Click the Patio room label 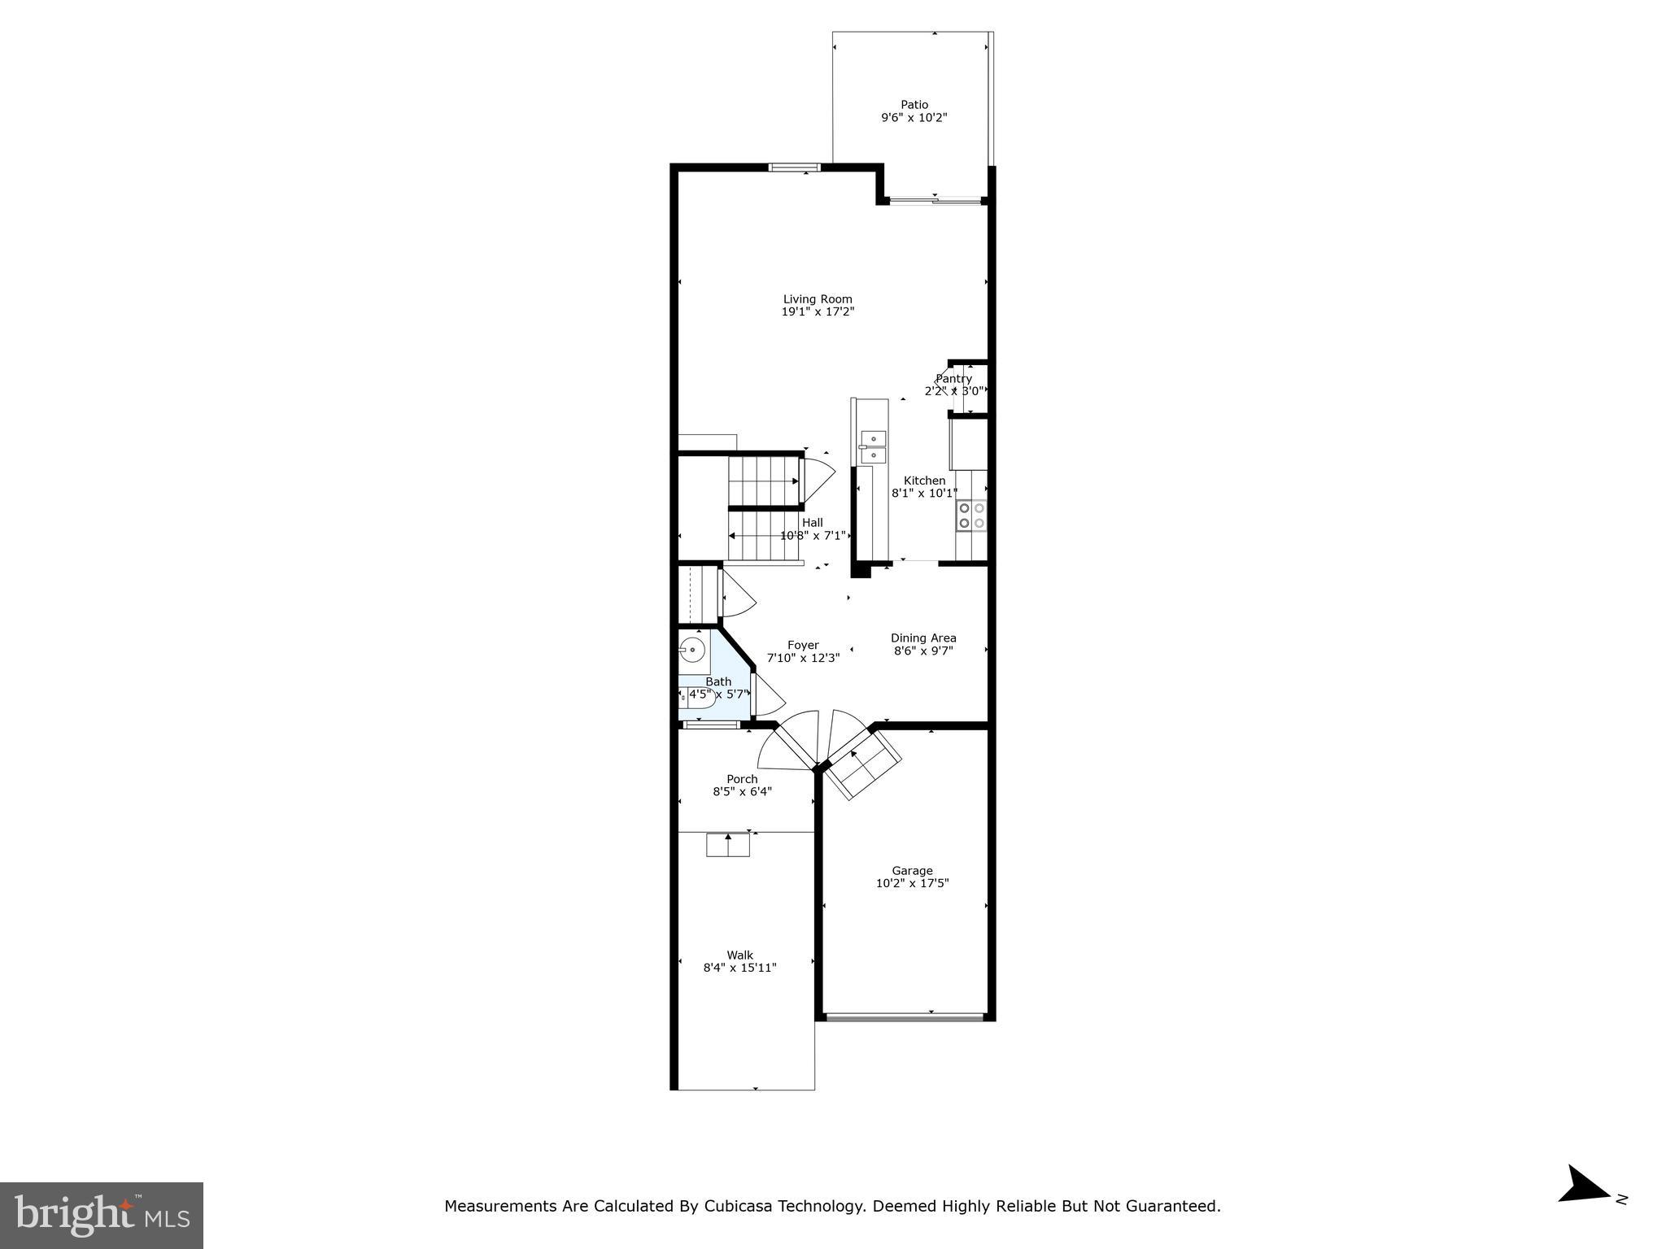914,105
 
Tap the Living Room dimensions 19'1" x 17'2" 818,311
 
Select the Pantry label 953,379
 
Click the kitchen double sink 873,446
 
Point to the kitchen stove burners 971,516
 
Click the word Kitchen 924,481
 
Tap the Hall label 812,523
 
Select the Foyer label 803,645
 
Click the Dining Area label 923,638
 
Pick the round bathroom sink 692,649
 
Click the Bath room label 717,681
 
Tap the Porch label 742,779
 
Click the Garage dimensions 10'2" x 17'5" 912,883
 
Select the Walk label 739,955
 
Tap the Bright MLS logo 102,1216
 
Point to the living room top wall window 795,168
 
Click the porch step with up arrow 727,845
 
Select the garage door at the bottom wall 904,1016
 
